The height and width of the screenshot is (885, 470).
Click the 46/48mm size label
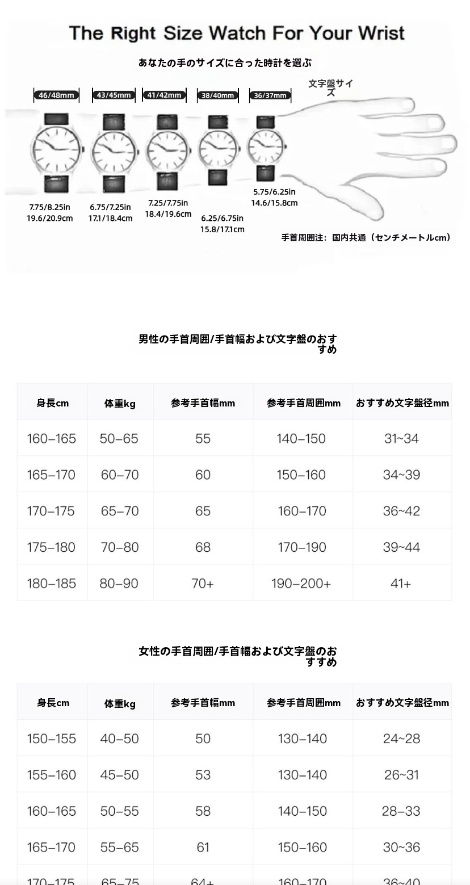coord(56,95)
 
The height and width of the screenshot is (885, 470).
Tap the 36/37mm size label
coord(270,95)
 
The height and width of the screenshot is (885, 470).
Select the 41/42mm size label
coord(164,95)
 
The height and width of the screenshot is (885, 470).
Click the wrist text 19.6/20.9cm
coord(49,218)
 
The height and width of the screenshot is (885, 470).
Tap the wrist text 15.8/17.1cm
coord(222,229)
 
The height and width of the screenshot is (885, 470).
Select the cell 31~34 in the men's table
coord(401,438)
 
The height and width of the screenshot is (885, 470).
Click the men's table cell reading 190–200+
coord(301,584)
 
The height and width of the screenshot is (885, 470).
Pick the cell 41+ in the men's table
coord(401,584)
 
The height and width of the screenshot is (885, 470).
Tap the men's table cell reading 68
coord(203,547)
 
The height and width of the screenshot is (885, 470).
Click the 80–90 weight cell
coord(119,584)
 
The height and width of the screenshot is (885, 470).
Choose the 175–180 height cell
coord(51,547)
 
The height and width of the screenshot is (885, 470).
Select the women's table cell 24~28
coord(401,739)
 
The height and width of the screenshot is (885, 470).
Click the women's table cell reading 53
coord(203,775)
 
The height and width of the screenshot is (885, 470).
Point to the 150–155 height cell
coord(51,739)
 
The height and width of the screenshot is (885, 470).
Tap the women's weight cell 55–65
coord(119,848)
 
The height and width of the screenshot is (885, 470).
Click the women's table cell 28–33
coord(401,811)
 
